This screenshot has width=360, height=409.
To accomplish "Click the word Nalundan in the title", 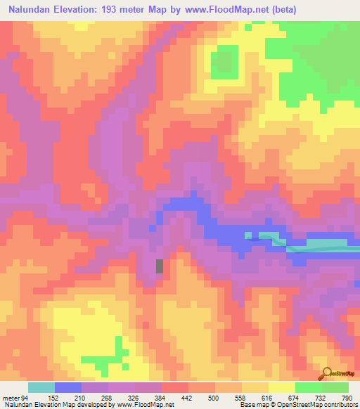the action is pos(32,10).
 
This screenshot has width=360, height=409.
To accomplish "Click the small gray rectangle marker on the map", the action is pos(160,266).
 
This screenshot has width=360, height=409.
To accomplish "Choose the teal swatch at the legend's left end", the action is pos(41,387).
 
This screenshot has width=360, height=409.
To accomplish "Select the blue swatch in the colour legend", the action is pos(68,387).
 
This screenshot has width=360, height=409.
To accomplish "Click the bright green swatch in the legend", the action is pos(309,387).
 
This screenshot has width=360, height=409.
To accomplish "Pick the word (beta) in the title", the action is pos(280,10).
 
